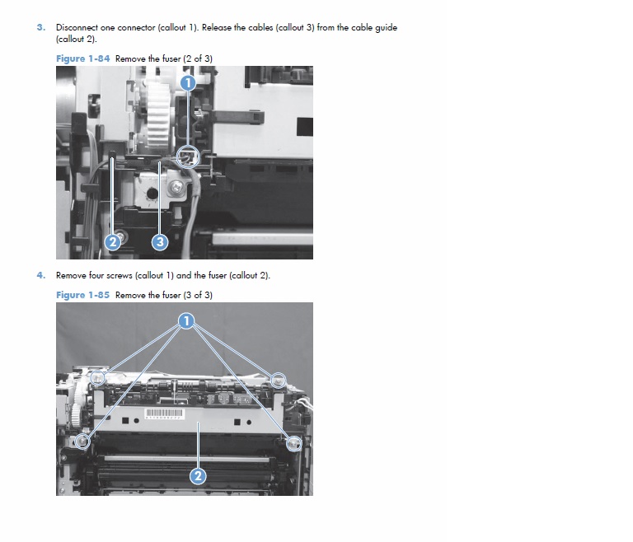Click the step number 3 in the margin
coord(40,27)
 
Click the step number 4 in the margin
coord(40,275)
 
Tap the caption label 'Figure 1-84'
coord(82,58)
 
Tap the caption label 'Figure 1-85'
coord(82,295)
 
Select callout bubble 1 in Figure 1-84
coord(188,83)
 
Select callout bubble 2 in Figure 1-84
coord(114,241)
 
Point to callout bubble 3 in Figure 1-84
coord(160,241)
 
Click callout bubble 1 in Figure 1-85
coord(188,320)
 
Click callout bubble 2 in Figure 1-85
coord(198,475)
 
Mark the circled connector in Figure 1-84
coord(189,156)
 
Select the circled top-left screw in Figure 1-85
coord(97,378)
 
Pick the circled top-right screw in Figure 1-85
coord(279,380)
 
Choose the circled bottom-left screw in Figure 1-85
coord(82,442)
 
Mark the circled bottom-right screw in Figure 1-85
coord(293,442)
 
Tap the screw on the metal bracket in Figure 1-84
coord(176,189)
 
